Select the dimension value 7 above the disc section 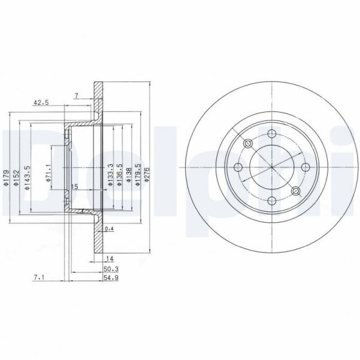point(76,96)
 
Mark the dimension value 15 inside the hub point(75,187)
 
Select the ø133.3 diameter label point(110,175)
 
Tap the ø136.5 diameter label point(119,175)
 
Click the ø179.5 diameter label point(138,175)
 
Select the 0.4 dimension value point(109,229)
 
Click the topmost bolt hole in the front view point(271,134)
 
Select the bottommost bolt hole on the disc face point(271,201)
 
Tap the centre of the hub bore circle point(271,167)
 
